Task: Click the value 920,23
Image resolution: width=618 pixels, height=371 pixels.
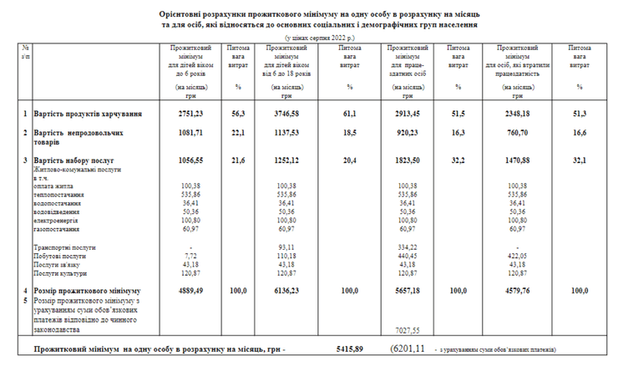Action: (403, 133)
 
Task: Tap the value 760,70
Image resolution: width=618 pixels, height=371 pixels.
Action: (513, 133)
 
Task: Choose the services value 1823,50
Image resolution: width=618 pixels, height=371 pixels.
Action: (403, 159)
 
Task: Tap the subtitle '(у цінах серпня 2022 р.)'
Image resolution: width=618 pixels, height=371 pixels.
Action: (319, 38)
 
